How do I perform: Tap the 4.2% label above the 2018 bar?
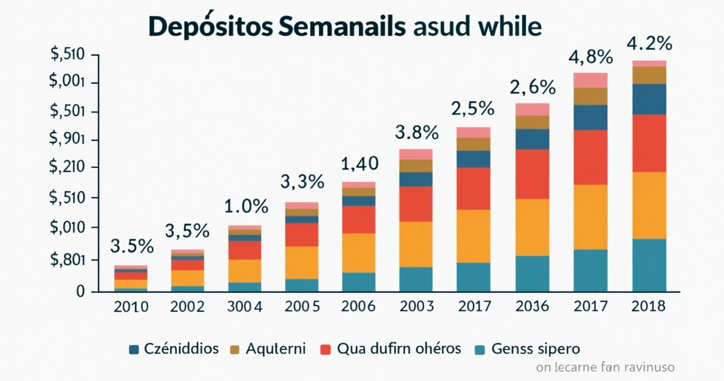point(649,44)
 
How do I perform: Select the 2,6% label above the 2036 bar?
point(532,88)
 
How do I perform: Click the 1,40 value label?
point(359,163)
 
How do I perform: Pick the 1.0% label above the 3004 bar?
point(246,207)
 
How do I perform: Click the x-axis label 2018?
point(648,307)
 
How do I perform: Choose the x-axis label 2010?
point(130,307)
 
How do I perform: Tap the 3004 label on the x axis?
point(245,307)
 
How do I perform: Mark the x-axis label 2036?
point(532,307)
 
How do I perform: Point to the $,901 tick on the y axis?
point(67,139)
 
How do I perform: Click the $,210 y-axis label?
point(67,167)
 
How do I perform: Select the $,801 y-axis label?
point(67,260)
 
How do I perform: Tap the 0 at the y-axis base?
point(79,291)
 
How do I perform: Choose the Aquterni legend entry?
point(274,349)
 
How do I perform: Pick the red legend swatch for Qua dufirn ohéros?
point(325,349)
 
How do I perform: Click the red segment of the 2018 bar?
point(649,143)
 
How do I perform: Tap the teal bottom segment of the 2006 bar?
point(358,282)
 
